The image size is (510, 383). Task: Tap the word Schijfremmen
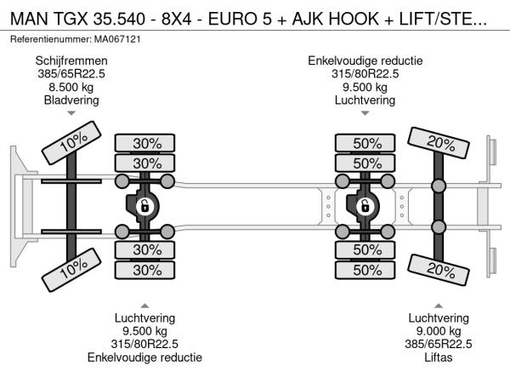(71, 60)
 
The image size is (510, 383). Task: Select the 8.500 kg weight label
(71, 86)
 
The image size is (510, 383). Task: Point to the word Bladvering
(71, 100)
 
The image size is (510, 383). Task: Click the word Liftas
(439, 357)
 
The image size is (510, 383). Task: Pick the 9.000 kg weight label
(439, 331)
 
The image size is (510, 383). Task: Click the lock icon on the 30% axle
(145, 205)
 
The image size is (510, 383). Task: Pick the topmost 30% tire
(146, 143)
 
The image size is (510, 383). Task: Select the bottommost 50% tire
(366, 270)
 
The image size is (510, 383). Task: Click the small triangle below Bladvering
(71, 113)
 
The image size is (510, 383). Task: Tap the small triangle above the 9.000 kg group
(439, 305)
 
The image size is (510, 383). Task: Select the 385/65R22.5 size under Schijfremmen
(71, 73)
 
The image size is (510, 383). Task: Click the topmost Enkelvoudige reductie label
(365, 60)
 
